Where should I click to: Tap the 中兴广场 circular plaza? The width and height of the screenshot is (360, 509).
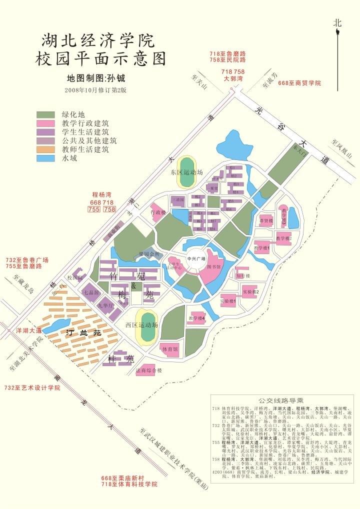click(x=196, y=258)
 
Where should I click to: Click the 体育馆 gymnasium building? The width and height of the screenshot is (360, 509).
click(x=168, y=349)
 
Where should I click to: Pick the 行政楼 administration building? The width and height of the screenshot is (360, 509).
click(x=158, y=212)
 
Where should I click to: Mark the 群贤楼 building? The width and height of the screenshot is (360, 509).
click(x=265, y=220)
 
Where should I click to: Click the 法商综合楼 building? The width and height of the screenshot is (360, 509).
click(x=148, y=370)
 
